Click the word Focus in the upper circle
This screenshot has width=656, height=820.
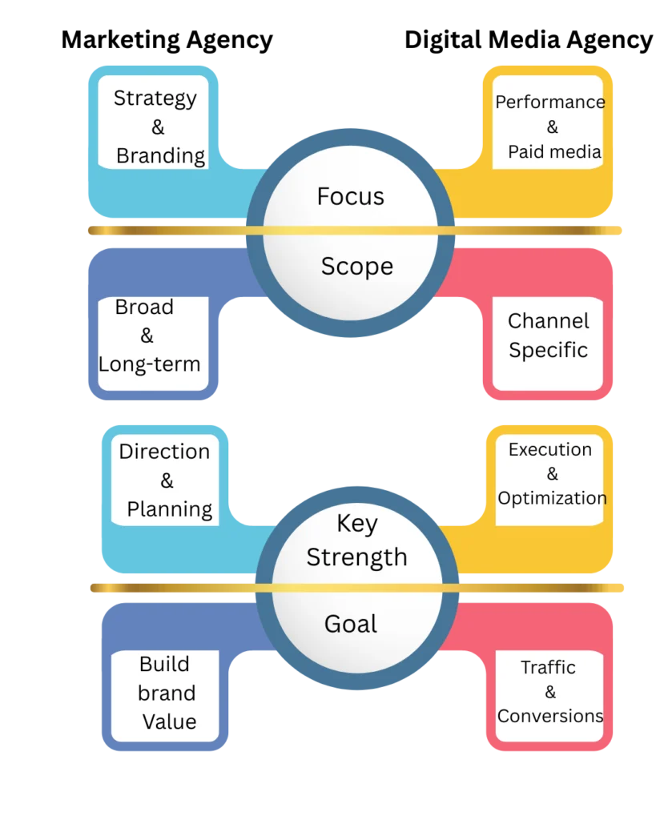[x=350, y=196]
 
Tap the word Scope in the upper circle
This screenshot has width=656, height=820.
[x=356, y=267]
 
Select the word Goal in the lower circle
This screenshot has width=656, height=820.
[x=350, y=624]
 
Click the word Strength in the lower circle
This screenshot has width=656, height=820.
[x=356, y=557]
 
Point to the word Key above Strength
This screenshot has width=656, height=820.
[x=356, y=524]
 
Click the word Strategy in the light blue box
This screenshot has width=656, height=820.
[x=155, y=98]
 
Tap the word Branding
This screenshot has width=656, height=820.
[x=160, y=156]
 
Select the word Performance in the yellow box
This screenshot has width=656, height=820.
[x=549, y=102]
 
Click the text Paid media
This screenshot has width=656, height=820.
[x=554, y=151]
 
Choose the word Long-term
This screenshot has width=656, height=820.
[x=149, y=365]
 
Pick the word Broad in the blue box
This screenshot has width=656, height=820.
[x=144, y=307]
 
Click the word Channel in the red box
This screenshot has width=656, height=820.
[x=548, y=322]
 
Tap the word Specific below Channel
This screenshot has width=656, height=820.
[x=548, y=351]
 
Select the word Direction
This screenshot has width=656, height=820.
[x=164, y=452]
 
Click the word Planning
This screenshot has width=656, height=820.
[x=169, y=510]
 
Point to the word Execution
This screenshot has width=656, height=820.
[x=549, y=450]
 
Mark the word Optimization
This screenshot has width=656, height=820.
[x=552, y=498]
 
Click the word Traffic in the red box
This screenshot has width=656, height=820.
[x=548, y=667]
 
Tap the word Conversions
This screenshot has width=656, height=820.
[x=549, y=716]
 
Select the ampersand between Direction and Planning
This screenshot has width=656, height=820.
[x=167, y=480]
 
